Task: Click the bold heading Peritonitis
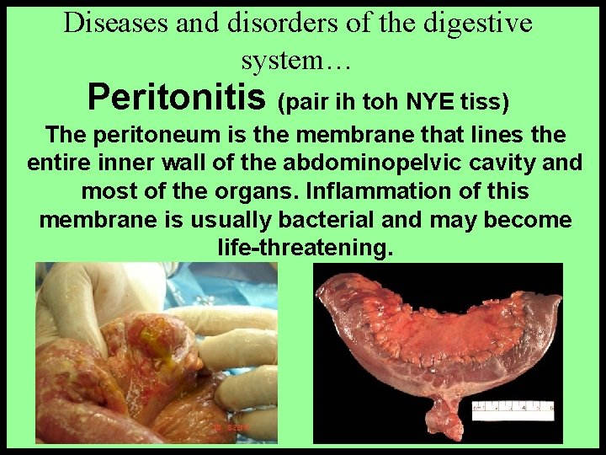click(178, 98)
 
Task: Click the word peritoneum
click(169, 135)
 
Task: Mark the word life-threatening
click(305, 249)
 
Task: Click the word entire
click(61, 163)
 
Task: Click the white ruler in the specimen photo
click(513, 410)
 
